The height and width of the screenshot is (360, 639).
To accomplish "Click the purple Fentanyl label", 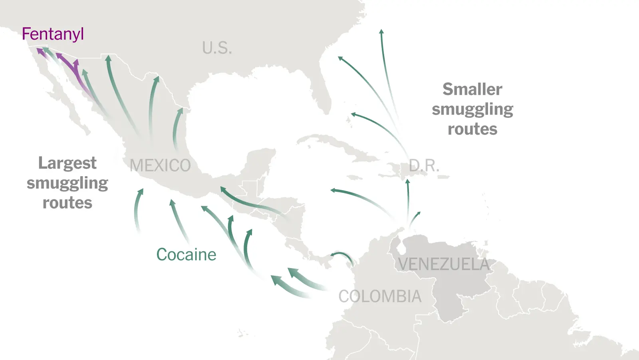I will [x=53, y=34].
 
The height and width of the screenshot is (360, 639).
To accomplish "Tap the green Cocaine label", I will [x=186, y=255].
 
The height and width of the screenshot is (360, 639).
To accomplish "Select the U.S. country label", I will [x=217, y=48].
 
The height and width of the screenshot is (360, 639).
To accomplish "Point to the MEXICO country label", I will [x=160, y=165].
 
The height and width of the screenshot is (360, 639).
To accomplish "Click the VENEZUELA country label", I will [x=444, y=264].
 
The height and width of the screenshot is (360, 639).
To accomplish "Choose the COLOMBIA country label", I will [x=380, y=296].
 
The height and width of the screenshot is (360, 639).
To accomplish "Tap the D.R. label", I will [x=424, y=165].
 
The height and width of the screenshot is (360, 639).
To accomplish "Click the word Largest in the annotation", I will [x=67, y=163].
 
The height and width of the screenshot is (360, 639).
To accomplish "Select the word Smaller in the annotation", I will [x=472, y=89].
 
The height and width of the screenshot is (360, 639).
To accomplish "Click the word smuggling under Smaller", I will [x=472, y=109].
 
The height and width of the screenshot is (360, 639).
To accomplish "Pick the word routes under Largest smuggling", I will [x=67, y=203].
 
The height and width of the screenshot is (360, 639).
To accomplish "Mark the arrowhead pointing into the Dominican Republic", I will [x=407, y=182].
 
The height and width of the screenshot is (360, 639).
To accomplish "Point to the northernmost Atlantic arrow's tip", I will [x=381, y=32].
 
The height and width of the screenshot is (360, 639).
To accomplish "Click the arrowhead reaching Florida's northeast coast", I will [x=340, y=58].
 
